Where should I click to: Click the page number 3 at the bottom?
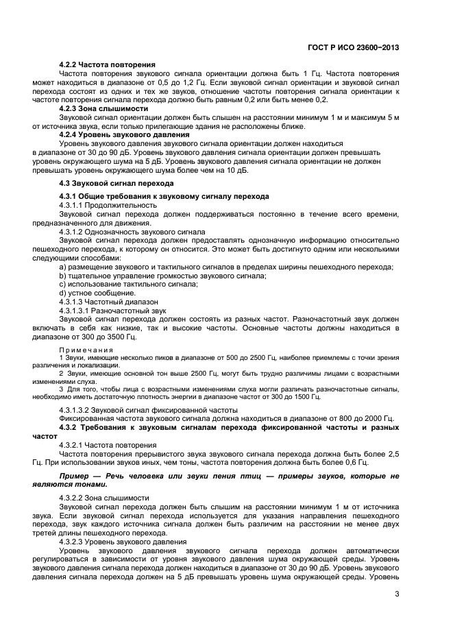(397, 594)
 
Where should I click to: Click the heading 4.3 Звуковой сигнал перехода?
(107, 183)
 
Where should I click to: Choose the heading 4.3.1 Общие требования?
(164, 196)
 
